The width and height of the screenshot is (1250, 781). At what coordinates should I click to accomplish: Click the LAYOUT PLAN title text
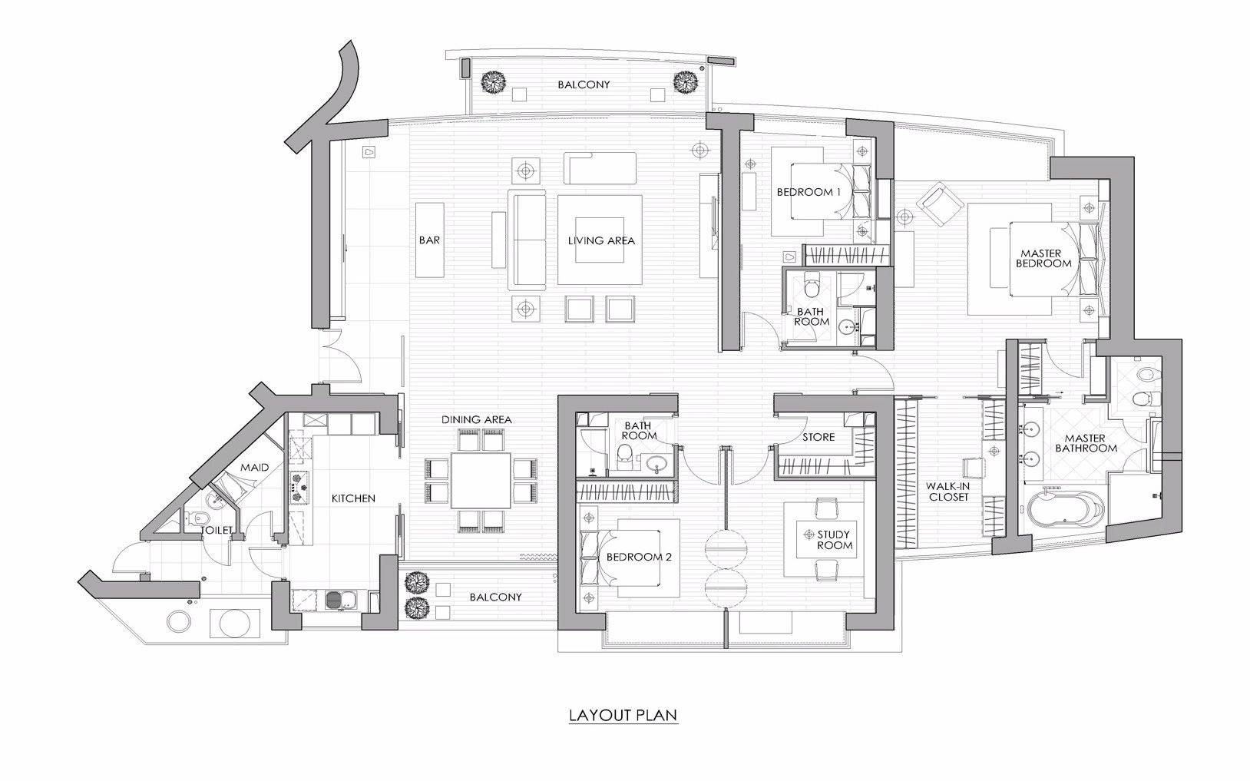coord(623,715)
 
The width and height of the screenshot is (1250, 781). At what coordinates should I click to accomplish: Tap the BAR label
coord(429,240)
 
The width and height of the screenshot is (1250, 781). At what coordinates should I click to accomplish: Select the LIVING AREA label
coord(601,240)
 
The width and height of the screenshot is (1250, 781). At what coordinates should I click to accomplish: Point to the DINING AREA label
coord(476,419)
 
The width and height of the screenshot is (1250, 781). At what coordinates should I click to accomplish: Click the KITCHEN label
coord(353,498)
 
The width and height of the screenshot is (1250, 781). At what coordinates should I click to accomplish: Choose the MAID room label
coord(254,467)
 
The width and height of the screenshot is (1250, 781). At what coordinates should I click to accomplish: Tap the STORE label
coord(818,437)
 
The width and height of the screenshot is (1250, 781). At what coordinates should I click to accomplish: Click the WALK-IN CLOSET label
coord(949,491)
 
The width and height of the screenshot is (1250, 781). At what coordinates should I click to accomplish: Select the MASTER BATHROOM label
coord(1086,443)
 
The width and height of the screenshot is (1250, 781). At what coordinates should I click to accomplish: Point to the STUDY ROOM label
coord(835,540)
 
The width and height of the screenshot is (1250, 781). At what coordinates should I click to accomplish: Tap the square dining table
coord(481,480)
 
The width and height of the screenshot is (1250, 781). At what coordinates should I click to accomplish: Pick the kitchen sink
coord(338,601)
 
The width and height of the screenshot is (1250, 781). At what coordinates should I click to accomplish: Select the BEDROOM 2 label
coord(639,557)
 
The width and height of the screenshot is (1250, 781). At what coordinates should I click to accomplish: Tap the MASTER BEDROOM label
coord(1043,259)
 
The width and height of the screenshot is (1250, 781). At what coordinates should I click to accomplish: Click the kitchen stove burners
coord(299,488)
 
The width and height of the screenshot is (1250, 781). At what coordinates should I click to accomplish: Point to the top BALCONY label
coord(584,84)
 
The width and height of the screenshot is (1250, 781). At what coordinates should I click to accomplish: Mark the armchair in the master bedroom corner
coord(940,204)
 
